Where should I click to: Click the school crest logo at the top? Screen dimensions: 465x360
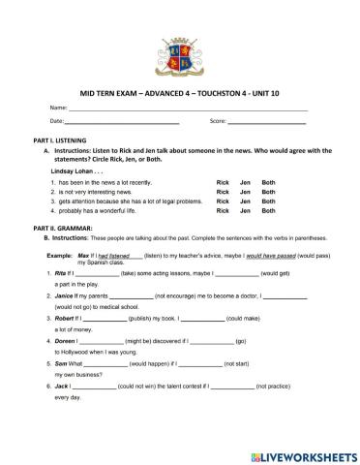click(x=180, y=54)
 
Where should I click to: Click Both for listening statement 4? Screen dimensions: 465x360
click(x=269, y=210)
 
